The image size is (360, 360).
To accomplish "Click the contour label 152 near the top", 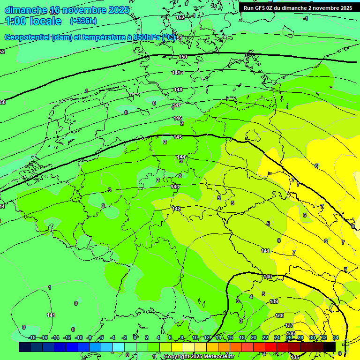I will [180, 17].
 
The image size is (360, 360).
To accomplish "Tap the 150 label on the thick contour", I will [183, 57].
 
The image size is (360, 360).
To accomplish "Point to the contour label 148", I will [178, 90].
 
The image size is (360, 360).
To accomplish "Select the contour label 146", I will [178, 118].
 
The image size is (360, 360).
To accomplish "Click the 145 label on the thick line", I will [178, 137].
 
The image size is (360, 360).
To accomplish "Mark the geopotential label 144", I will [181, 157].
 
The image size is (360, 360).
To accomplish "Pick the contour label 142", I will [176, 209].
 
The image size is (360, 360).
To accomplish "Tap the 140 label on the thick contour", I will [268, 277].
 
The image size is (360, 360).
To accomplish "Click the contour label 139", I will [274, 301].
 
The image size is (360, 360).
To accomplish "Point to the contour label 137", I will [289, 325].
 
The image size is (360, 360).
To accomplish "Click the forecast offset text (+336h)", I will [83, 21].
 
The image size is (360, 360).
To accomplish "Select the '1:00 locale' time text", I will [33, 21].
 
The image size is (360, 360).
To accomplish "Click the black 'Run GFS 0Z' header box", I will [298, 8].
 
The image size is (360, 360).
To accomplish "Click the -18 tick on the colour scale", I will [32, 337].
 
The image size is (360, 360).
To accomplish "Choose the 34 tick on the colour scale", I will [336, 337].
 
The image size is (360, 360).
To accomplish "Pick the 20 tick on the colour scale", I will [254, 337].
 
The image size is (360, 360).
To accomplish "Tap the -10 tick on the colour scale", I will [79, 337].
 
